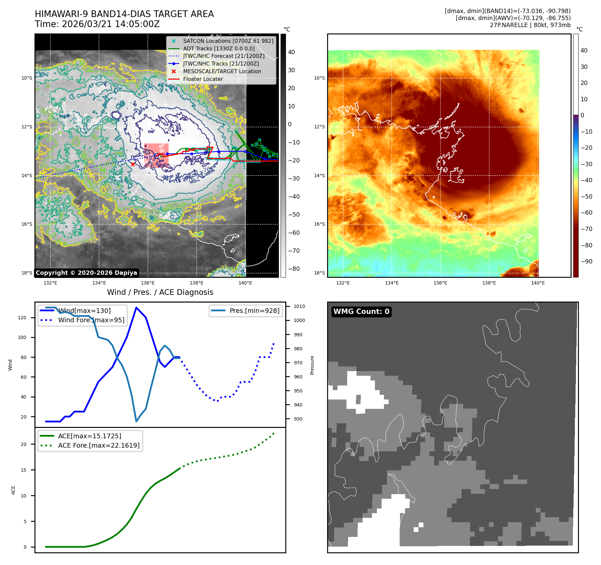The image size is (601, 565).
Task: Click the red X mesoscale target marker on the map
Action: coord(133,164)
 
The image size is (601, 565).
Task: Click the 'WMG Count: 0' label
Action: coord(361,312)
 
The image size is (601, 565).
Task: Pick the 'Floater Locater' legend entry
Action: coord(203,79)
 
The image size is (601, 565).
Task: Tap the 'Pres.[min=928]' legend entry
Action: coord(254,311)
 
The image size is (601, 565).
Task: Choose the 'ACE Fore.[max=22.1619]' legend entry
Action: coord(99,445)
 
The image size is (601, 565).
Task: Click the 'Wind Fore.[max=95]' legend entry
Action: coord(91,320)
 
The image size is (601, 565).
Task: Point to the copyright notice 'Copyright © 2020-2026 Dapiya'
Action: coord(86,273)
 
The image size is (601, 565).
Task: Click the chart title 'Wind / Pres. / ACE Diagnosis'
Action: coord(160,292)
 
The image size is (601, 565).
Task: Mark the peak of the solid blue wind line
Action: coord(136,307)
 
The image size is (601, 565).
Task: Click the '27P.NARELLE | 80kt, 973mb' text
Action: coord(530,25)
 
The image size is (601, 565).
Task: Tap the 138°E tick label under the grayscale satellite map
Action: coord(196,283)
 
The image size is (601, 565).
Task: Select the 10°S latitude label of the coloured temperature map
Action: coord(319,78)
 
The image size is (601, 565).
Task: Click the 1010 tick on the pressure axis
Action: coord(299,306)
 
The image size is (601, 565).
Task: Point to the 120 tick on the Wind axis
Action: coord(22,318)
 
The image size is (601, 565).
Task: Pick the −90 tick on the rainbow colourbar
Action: coord(587,261)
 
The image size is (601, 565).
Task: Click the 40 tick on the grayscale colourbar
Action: coord(291,52)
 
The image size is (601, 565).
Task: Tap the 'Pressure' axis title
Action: coord(312,365)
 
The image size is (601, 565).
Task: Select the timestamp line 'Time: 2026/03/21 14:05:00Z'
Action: coord(97,24)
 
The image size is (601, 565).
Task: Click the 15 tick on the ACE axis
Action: coord(23,470)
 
